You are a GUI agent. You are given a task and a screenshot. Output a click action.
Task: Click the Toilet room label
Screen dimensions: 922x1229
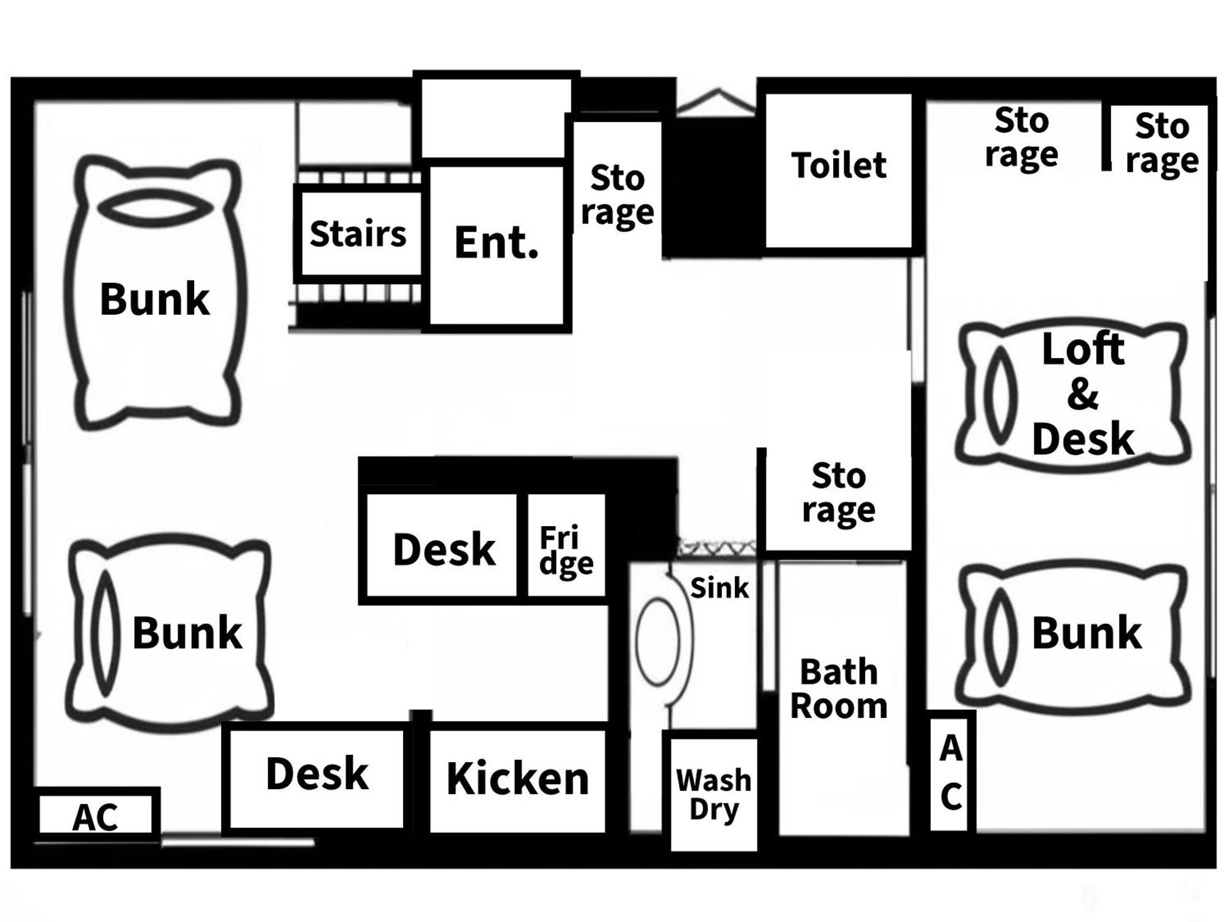click(838, 166)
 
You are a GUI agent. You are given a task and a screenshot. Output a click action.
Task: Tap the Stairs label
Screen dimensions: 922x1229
click(358, 234)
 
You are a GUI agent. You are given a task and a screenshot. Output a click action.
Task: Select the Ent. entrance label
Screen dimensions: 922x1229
click(497, 243)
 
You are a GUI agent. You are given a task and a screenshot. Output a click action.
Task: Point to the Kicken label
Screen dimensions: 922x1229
click(517, 779)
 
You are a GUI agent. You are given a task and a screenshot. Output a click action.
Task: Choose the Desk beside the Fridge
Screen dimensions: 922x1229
click(443, 550)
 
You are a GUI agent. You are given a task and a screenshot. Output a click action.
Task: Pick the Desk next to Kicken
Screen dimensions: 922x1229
click(316, 774)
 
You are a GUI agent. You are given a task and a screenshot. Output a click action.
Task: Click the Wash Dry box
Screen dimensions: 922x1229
click(713, 794)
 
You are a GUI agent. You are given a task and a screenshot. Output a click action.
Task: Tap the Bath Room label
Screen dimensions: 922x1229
click(838, 689)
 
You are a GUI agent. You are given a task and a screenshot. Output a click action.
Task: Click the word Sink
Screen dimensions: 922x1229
click(719, 588)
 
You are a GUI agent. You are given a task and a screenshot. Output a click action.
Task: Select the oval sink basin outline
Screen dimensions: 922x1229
click(658, 640)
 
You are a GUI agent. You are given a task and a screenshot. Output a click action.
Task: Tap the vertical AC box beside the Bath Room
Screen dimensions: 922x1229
click(950, 773)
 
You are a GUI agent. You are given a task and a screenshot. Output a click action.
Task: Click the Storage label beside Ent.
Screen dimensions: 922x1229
click(617, 195)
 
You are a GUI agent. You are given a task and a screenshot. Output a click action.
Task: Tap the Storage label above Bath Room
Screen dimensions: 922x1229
click(838, 492)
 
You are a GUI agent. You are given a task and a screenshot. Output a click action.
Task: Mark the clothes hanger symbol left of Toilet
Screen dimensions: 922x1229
click(717, 101)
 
